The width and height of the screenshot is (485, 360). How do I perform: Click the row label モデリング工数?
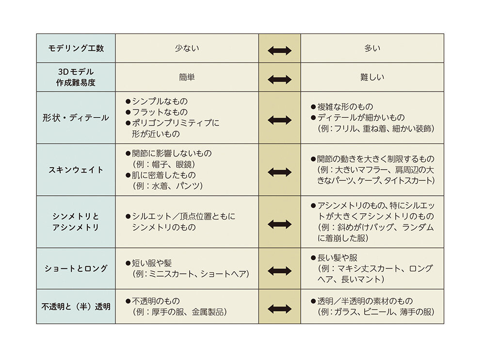point(76,48)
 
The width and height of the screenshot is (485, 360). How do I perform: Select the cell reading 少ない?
point(187,48)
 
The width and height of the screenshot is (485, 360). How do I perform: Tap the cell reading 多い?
point(372,48)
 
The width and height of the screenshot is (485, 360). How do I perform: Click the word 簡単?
point(187,77)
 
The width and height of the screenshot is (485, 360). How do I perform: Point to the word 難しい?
point(372,77)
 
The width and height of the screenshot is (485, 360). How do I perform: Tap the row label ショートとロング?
point(76,269)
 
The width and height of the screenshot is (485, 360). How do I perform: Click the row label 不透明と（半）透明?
point(76,307)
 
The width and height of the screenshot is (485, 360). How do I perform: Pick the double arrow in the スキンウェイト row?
point(279,172)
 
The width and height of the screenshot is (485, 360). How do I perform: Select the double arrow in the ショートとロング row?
point(279,271)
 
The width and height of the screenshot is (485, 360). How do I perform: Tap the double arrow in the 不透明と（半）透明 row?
point(279,309)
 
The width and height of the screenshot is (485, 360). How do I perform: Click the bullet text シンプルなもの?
point(160,101)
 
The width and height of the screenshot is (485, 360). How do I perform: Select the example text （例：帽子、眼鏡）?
point(164,164)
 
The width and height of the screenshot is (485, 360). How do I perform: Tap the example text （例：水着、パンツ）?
point(167,186)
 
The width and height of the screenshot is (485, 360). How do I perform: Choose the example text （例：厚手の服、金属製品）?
point(180,312)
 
